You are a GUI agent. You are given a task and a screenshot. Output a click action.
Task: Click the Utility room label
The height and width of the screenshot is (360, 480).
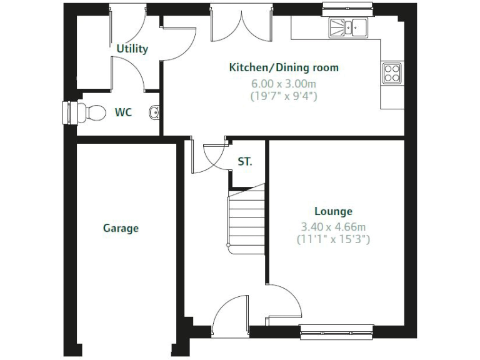pyautogui.click(x=132, y=49)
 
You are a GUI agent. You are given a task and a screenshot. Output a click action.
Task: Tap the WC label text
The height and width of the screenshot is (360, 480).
pyautogui.click(x=123, y=112)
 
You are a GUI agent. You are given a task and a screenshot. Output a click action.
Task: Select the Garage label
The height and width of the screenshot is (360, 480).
pyautogui.click(x=121, y=228)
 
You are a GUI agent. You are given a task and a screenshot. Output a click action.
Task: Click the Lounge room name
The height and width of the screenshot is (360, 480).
pyautogui.click(x=333, y=211)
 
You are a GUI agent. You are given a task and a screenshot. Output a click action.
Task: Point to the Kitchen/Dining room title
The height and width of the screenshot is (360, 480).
pyautogui.click(x=284, y=67)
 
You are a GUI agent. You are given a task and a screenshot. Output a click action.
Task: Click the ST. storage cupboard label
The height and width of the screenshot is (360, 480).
pyautogui.click(x=245, y=161)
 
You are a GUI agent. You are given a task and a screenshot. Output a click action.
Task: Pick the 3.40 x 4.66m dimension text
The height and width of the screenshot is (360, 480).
pyautogui.click(x=333, y=226)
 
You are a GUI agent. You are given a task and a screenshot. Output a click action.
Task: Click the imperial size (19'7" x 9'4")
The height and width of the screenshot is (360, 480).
pyautogui.click(x=284, y=96)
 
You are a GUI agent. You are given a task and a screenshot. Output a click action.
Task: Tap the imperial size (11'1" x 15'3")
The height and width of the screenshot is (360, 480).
pyautogui.click(x=333, y=239)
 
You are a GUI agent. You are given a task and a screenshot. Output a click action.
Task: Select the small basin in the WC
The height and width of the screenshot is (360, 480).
pyautogui.click(x=154, y=113)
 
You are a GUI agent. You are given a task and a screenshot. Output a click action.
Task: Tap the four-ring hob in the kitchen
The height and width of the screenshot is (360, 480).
pyautogui.click(x=392, y=73)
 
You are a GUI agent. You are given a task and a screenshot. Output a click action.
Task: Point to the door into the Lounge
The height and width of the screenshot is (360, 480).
pyautogui.click(x=284, y=303)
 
